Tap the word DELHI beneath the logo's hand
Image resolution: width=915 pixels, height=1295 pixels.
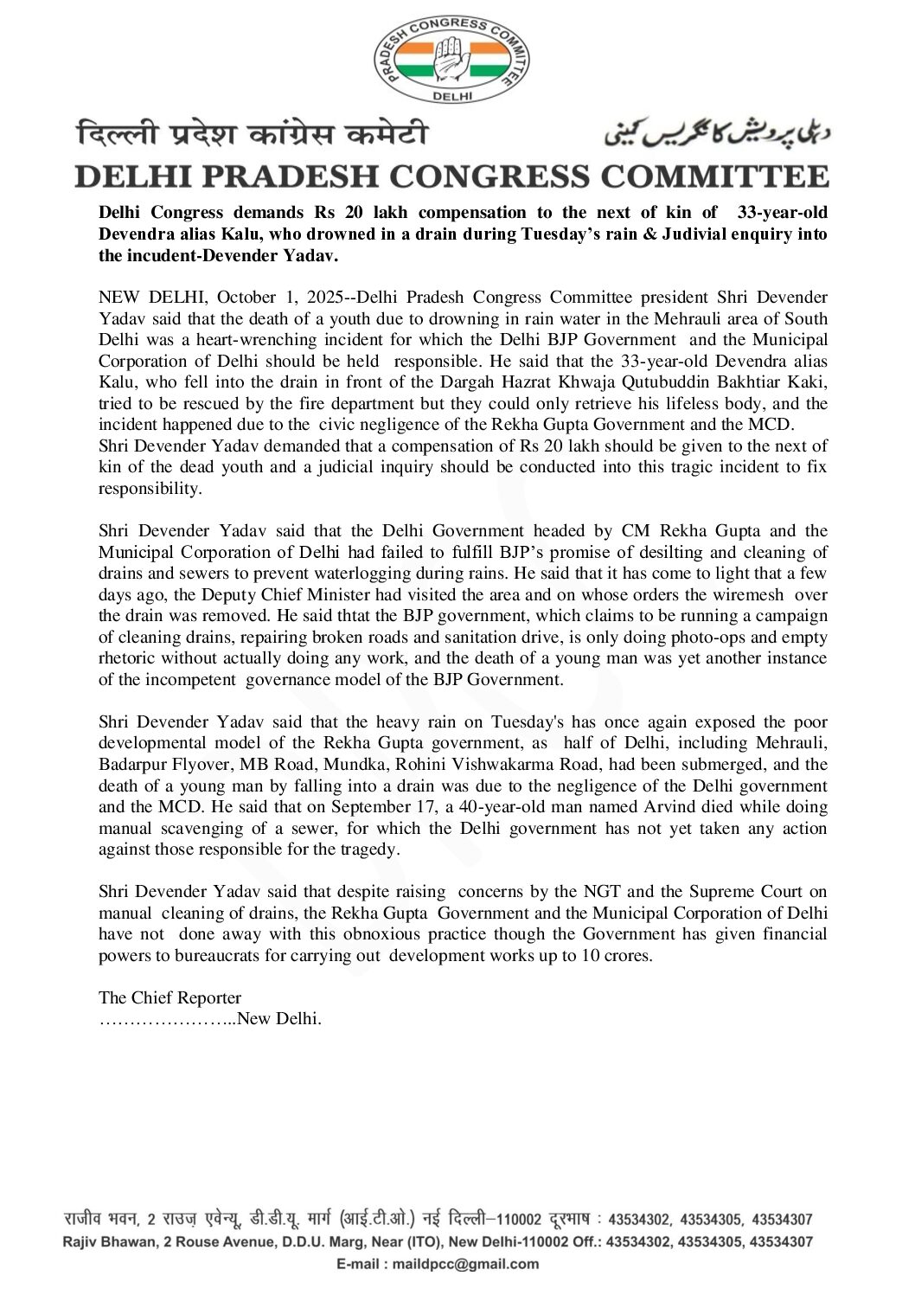coord(452,97)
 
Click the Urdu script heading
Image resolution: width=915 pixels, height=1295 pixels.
coord(716,131)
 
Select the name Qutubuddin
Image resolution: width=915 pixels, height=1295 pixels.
coord(663,382)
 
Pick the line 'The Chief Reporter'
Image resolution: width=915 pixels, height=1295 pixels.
coord(170,997)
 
